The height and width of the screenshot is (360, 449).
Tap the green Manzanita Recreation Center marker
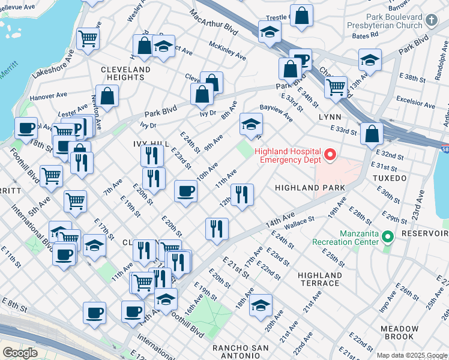tap(387, 238)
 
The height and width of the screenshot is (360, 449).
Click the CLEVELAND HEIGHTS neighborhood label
tap(125, 74)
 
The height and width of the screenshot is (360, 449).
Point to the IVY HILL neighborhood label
tap(150, 144)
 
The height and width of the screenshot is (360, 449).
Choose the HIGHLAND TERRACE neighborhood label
tap(319, 279)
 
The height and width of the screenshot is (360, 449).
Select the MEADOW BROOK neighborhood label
tap(399, 333)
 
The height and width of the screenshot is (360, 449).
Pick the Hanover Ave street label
tap(49, 95)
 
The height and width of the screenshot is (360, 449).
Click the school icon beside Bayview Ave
tap(252, 124)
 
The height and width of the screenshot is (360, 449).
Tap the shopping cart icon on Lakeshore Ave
tap(88, 38)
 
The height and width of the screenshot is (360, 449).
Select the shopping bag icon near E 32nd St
tap(372, 133)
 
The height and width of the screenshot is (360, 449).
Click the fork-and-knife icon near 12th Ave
tap(242, 194)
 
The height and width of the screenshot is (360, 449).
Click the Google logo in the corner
tap(20, 352)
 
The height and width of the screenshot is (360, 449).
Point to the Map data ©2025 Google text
tap(411, 355)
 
